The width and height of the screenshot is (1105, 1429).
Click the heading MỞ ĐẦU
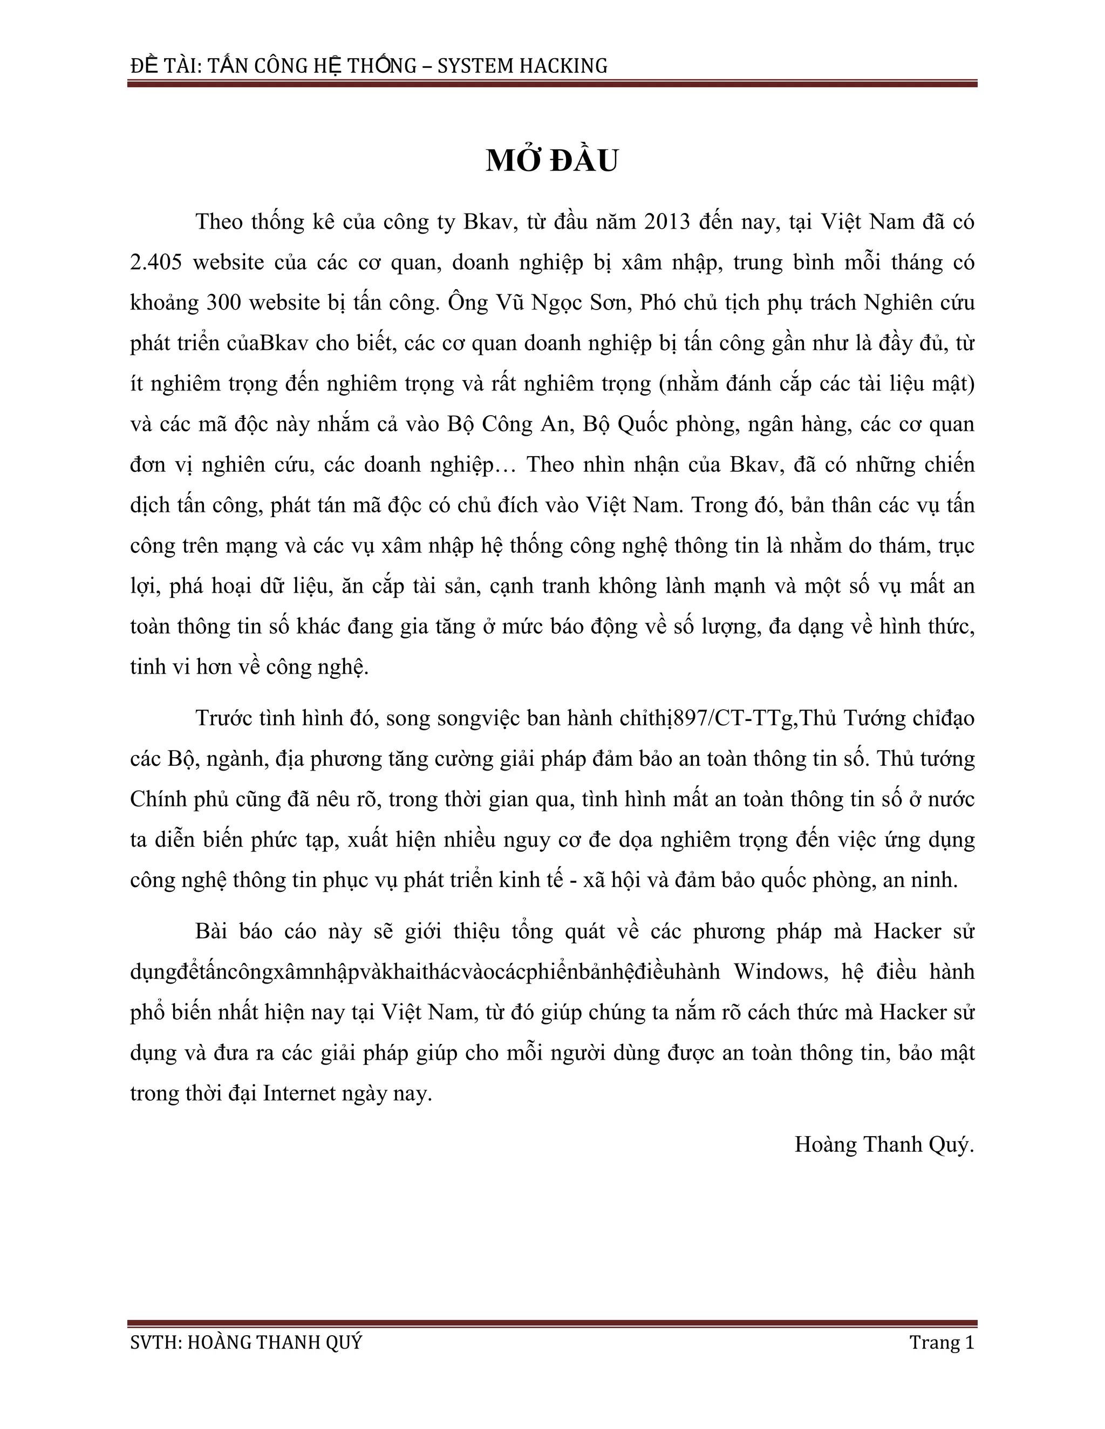point(552,161)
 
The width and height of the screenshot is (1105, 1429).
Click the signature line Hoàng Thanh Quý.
point(884,1144)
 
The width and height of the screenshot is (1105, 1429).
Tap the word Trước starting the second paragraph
point(223,718)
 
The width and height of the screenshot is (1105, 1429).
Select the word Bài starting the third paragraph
point(211,931)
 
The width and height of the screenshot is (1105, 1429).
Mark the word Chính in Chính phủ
point(158,800)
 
